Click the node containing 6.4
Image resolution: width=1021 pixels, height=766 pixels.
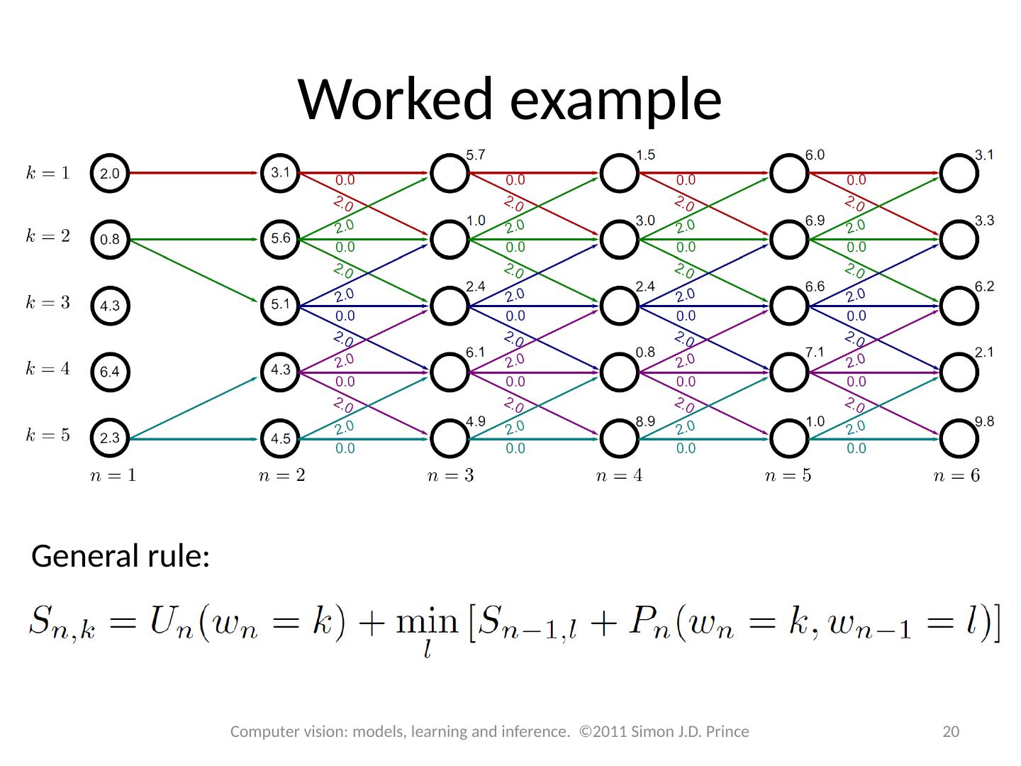point(110,372)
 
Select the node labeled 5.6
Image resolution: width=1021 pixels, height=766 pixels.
point(281,239)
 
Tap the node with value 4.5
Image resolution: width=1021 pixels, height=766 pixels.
point(281,439)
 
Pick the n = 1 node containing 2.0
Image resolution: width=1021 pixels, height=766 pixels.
point(110,173)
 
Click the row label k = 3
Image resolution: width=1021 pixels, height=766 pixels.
point(48,303)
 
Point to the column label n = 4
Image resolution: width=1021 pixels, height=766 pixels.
point(619,476)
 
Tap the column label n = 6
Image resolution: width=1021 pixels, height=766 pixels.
point(956,476)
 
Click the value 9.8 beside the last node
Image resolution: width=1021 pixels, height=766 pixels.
point(984,421)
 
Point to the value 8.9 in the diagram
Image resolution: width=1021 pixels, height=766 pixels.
point(645,421)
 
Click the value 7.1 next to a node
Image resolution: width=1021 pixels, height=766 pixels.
point(815,353)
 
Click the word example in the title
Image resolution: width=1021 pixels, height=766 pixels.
point(615,99)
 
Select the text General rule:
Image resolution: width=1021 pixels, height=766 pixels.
point(121,557)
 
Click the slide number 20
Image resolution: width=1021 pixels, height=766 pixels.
point(950,732)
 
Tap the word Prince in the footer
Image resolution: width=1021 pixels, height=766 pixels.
point(727,732)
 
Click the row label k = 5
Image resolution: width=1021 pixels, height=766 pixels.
point(48,435)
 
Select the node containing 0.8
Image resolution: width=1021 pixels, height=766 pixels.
point(110,240)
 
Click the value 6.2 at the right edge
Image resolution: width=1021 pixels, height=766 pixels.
point(984,287)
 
